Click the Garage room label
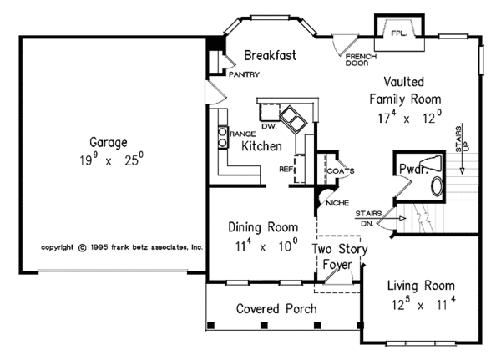tap(109, 142)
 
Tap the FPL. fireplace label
tap(399, 33)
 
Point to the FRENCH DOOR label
tap(361, 60)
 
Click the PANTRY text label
tap(245, 74)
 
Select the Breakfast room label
tap(270, 55)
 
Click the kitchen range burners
tap(223, 137)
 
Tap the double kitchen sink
tap(293, 119)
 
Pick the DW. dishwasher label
tap(269, 127)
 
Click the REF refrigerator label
tap(286, 169)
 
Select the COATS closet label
tap(341, 171)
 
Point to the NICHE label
tap(337, 203)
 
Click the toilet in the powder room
tap(431, 162)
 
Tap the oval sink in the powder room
tap(437, 186)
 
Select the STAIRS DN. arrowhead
tap(402, 218)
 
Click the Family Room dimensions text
tap(410, 117)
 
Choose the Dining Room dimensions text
tap(266, 246)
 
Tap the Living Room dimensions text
tap(423, 304)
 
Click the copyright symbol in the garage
tap(83, 247)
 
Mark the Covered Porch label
tap(276, 309)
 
